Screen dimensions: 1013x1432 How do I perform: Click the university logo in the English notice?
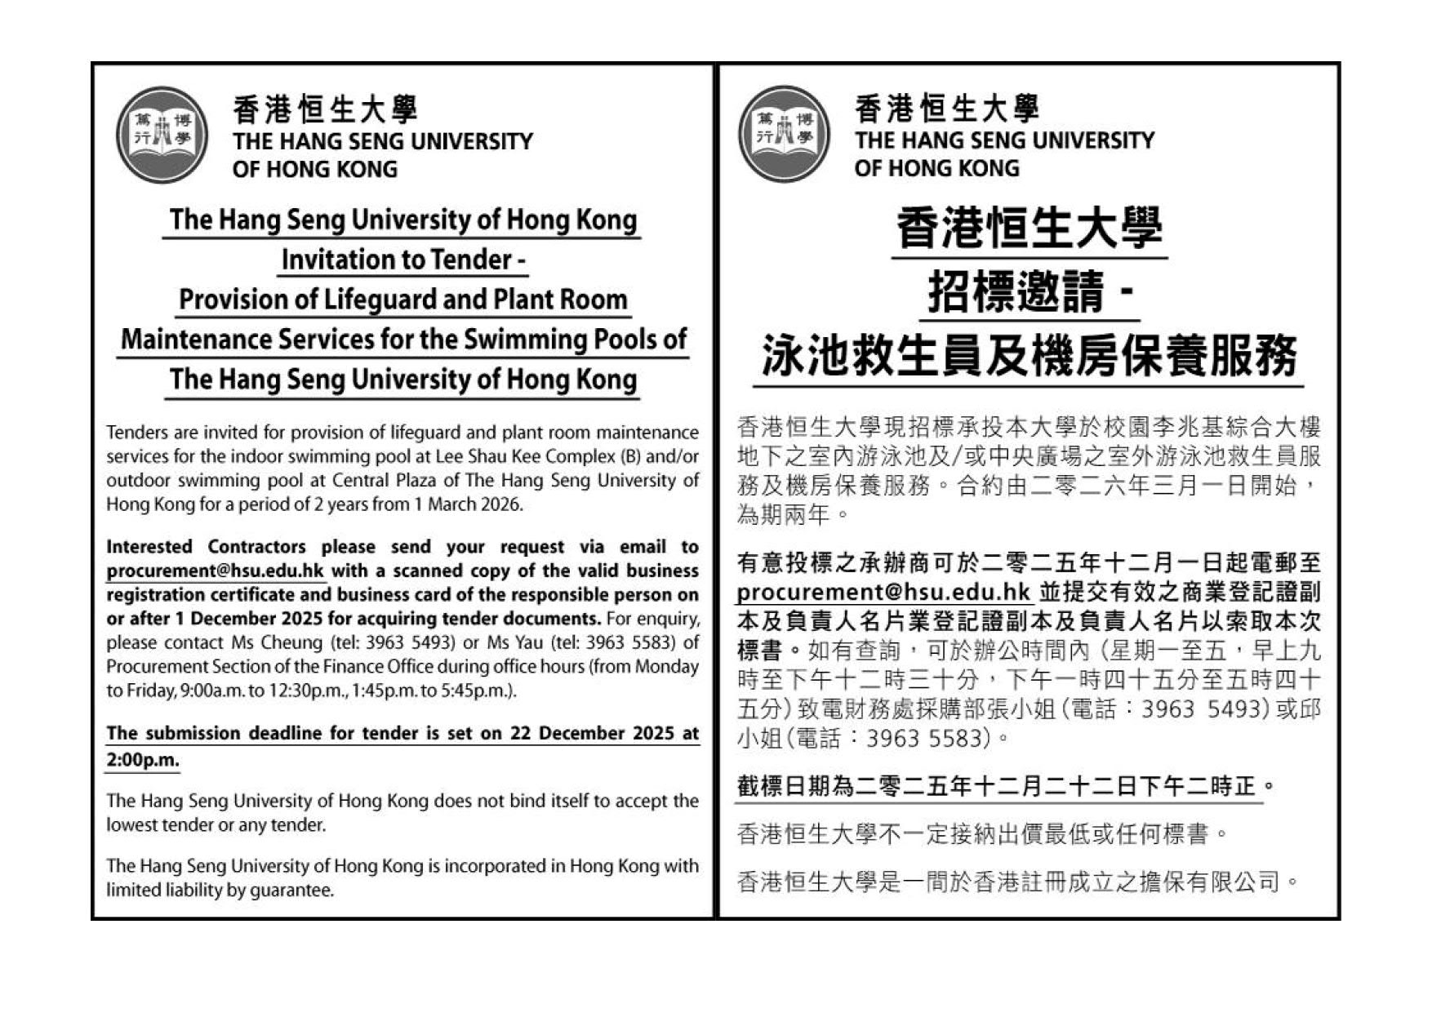pyautogui.click(x=162, y=135)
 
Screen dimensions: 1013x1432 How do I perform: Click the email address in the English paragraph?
pyautogui.click(x=216, y=571)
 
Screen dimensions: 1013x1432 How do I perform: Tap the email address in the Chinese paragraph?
pyautogui.click(x=884, y=592)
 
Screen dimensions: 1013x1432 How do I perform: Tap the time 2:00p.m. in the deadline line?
pyautogui.click(x=143, y=760)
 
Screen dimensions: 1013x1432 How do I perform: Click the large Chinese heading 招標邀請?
pyautogui.click(x=1016, y=292)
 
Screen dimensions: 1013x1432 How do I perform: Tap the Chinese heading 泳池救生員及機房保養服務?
pyautogui.click(x=1029, y=356)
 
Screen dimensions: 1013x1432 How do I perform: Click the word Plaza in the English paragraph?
pyautogui.click(x=412, y=480)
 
